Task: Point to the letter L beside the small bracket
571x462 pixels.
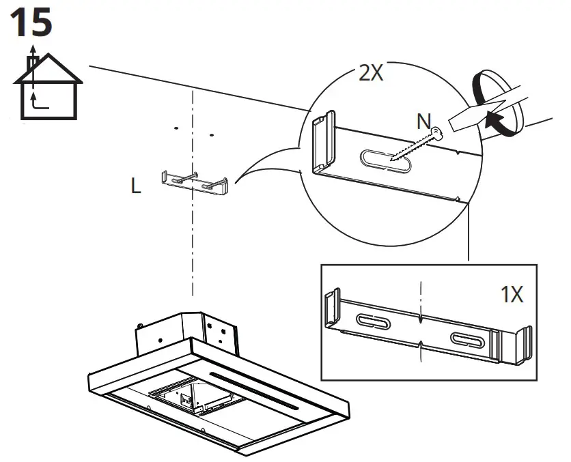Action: pos(137,187)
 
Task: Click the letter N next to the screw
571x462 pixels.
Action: pos(425,122)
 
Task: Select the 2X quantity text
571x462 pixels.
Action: pos(371,74)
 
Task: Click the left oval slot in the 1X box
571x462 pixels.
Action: pos(372,321)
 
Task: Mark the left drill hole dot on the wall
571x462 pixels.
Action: pos(176,128)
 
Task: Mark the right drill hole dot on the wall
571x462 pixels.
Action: pos(211,134)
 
